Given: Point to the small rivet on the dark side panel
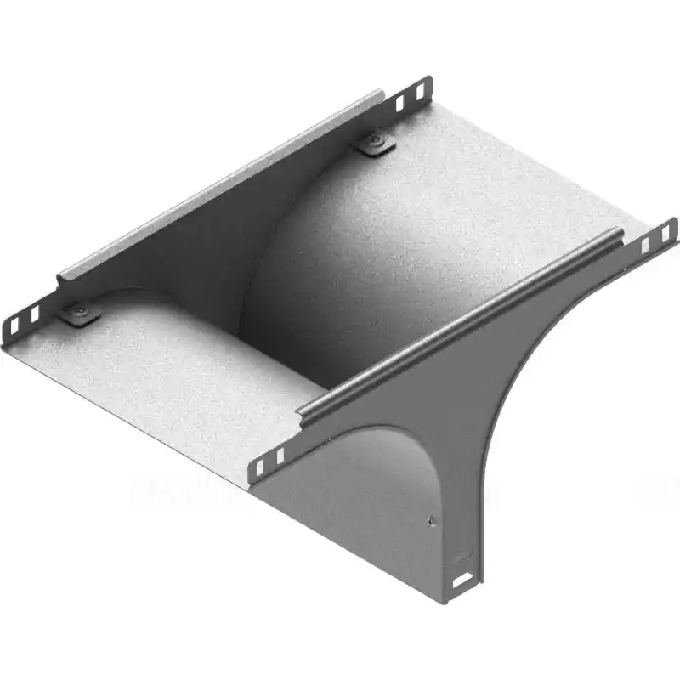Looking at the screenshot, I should pyautogui.click(x=433, y=521).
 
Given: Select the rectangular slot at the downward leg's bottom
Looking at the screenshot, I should pyautogui.click(x=463, y=581).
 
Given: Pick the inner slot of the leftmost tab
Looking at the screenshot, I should pyautogui.click(x=35, y=315).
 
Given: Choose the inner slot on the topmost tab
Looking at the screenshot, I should pyautogui.click(x=399, y=103).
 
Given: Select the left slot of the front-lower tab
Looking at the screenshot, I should pyautogui.click(x=260, y=465).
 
